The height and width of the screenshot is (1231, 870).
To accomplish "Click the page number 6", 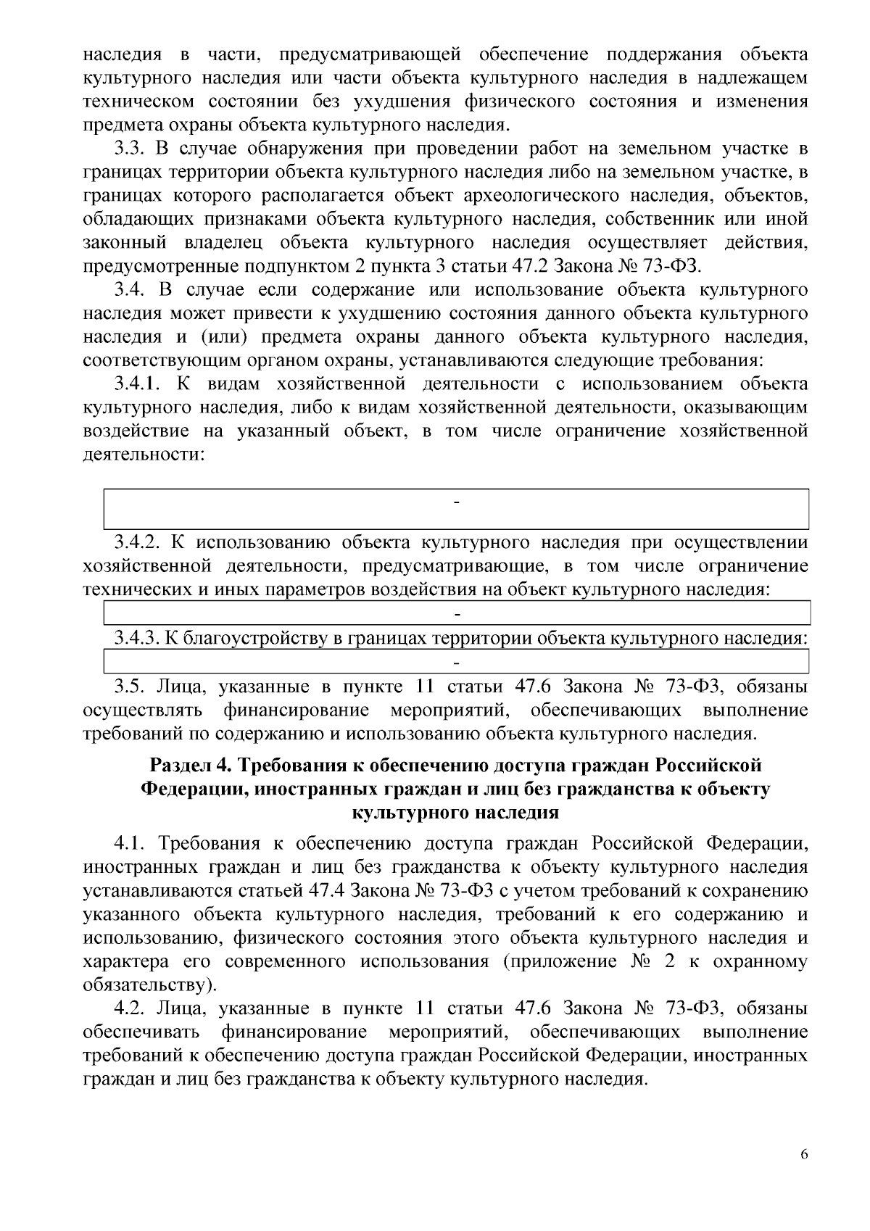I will coord(804,1155).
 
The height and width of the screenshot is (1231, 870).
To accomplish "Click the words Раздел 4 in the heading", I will coord(188,766).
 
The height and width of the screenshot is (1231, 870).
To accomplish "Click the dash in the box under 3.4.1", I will coord(457,502).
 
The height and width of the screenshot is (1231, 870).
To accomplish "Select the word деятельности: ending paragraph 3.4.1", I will coord(142,455).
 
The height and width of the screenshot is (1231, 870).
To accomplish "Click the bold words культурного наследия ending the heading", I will coord(455,813).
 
